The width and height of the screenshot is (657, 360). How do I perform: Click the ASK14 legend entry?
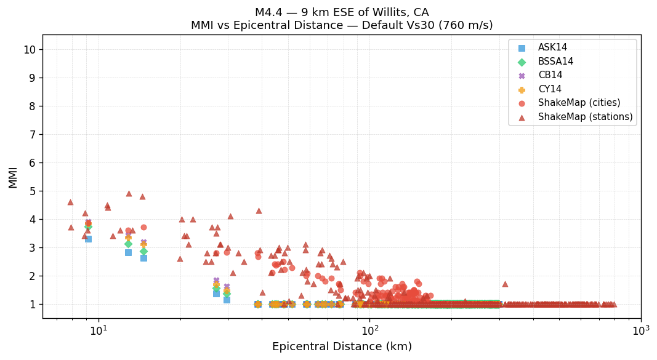(552, 48)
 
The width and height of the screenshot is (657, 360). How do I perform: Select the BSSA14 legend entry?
(555, 62)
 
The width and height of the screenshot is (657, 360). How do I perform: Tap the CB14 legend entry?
(550, 75)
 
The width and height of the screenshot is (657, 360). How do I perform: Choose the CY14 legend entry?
(550, 89)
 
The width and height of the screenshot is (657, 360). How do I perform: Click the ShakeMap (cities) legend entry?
(579, 103)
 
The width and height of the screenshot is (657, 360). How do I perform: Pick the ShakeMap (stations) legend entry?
(585, 117)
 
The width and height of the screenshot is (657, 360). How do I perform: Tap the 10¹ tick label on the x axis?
(99, 331)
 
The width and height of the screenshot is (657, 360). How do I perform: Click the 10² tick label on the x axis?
(369, 331)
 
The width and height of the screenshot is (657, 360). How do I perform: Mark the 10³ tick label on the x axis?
(640, 331)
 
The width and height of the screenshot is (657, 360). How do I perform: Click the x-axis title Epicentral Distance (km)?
(342, 347)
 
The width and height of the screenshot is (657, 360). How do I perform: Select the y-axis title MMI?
(13, 177)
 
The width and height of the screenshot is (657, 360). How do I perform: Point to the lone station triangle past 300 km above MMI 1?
(505, 284)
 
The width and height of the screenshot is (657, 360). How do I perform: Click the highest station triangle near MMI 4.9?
(129, 194)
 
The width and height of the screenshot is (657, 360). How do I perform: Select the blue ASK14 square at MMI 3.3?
(88, 239)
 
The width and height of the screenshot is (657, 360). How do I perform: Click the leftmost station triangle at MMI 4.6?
(70, 202)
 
